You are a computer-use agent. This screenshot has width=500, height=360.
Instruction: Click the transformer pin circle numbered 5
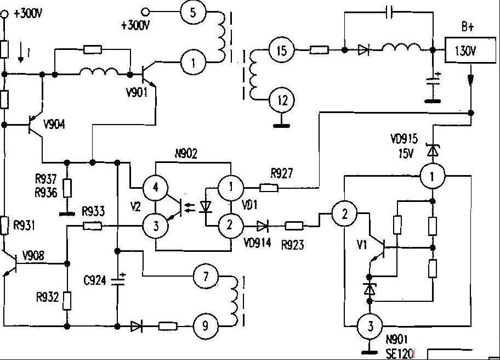(x=193, y=12)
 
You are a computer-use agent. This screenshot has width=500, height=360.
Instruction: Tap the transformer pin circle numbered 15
(x=282, y=50)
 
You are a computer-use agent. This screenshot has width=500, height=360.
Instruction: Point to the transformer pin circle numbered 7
(x=206, y=276)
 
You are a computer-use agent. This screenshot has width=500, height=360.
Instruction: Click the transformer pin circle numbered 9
(x=206, y=326)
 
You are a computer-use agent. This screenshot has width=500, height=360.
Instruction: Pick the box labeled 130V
(x=470, y=50)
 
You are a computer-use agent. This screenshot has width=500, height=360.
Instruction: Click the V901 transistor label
(x=137, y=93)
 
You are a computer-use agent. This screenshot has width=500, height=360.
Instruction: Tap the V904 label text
(x=54, y=124)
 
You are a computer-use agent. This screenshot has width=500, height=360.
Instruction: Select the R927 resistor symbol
(x=269, y=188)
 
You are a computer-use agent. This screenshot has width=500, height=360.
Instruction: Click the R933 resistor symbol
(x=93, y=226)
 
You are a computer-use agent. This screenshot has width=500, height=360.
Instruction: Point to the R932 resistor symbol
(x=67, y=300)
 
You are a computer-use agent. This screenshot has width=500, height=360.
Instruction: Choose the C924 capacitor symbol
(x=118, y=280)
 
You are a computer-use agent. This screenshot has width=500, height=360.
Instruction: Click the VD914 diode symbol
(x=262, y=226)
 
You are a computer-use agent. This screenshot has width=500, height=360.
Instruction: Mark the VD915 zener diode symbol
(x=433, y=150)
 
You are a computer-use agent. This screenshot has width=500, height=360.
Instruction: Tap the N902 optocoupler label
(x=186, y=154)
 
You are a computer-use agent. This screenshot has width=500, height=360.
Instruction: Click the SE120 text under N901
(x=400, y=353)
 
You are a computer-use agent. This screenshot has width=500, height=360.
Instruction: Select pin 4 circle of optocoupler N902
(x=156, y=187)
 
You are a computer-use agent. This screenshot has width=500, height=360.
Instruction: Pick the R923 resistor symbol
(x=294, y=226)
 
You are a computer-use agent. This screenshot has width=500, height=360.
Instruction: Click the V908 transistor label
(x=33, y=255)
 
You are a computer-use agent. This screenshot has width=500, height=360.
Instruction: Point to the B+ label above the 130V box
(x=468, y=27)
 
